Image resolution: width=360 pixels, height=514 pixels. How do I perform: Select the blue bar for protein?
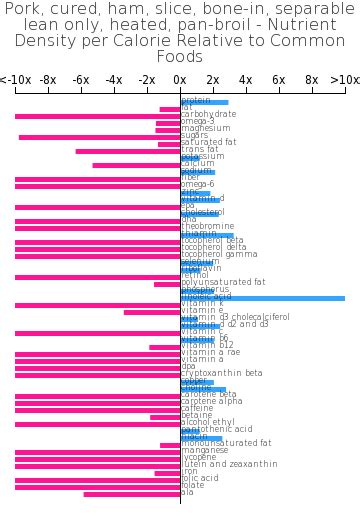point(204,102)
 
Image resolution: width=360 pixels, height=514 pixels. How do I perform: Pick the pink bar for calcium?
point(136,165)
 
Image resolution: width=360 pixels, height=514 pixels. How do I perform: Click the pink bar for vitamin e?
point(152,312)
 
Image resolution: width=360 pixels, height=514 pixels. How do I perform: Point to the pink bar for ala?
point(132,494)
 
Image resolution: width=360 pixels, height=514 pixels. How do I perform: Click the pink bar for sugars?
point(99,137)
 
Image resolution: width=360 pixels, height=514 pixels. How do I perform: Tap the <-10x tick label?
point(15,80)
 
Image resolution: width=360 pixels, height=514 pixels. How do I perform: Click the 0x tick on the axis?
point(180,80)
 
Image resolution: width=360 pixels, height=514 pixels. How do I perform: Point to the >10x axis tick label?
point(344,80)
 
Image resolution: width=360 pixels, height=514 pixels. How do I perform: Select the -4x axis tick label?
point(114,80)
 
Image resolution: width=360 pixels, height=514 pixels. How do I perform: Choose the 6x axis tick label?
point(279,80)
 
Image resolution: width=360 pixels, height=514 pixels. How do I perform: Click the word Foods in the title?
point(180,57)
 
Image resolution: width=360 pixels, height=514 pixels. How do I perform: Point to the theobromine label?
point(207,227)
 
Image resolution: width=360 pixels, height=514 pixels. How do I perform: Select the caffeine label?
point(197,409)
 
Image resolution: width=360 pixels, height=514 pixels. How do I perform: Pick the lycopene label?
point(199,458)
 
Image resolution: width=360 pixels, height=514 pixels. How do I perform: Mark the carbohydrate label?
point(209,115)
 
